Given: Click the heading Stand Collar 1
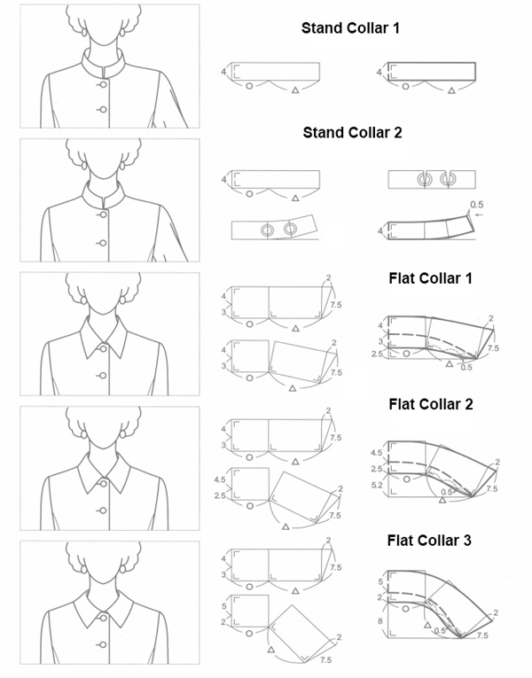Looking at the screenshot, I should (350, 28).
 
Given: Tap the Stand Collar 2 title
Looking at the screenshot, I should (352, 134).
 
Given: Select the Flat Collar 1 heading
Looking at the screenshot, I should (430, 278).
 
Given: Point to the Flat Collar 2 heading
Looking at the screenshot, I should (430, 405).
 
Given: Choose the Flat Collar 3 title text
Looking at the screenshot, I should (430, 540).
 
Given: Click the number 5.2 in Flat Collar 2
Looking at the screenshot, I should (376, 487).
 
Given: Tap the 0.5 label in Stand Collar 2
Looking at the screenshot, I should (476, 203).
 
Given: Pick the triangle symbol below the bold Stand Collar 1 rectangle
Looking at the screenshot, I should (451, 90).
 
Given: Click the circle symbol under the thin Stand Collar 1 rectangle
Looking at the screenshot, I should (249, 86).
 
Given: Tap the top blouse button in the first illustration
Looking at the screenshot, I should (103, 84).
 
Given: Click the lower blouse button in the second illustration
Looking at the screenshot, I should (103, 243).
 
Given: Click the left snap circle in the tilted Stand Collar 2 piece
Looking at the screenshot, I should (265, 230).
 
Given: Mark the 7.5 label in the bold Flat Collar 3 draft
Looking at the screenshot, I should (482, 636).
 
